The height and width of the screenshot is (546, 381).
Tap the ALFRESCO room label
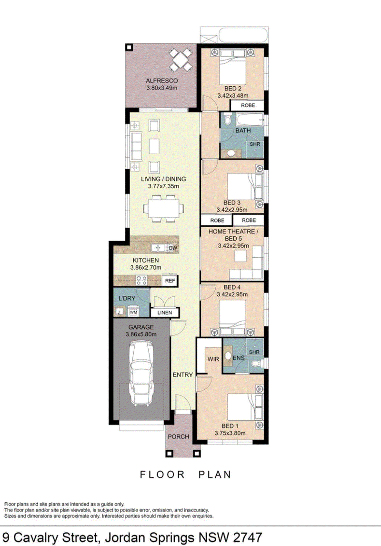pyautogui.click(x=161, y=81)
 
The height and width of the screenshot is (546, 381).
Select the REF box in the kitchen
pyautogui.click(x=170, y=281)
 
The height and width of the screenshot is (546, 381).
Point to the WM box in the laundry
pyautogui.click(x=133, y=313)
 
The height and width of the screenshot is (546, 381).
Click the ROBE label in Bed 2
pyautogui.click(x=248, y=105)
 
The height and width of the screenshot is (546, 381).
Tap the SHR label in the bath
pyautogui.click(x=255, y=143)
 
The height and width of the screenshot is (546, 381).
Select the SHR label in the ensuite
pyautogui.click(x=255, y=352)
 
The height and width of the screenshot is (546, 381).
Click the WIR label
pyautogui.click(x=213, y=359)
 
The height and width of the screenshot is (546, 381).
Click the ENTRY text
pyautogui.click(x=183, y=374)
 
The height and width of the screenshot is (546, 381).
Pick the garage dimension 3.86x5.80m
pyautogui.click(x=140, y=334)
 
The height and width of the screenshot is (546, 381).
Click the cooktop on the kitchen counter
pyautogui.click(x=141, y=281)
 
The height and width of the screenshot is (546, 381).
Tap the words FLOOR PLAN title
pyautogui.click(x=185, y=475)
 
